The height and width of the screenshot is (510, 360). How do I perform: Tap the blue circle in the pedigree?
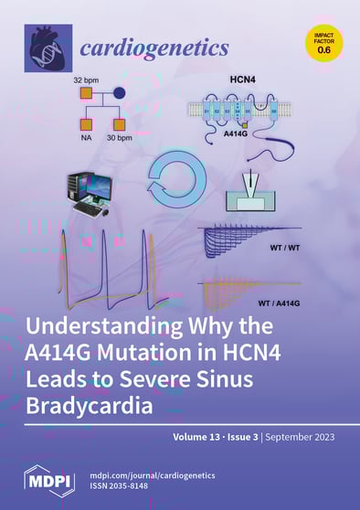click(x=117, y=93)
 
